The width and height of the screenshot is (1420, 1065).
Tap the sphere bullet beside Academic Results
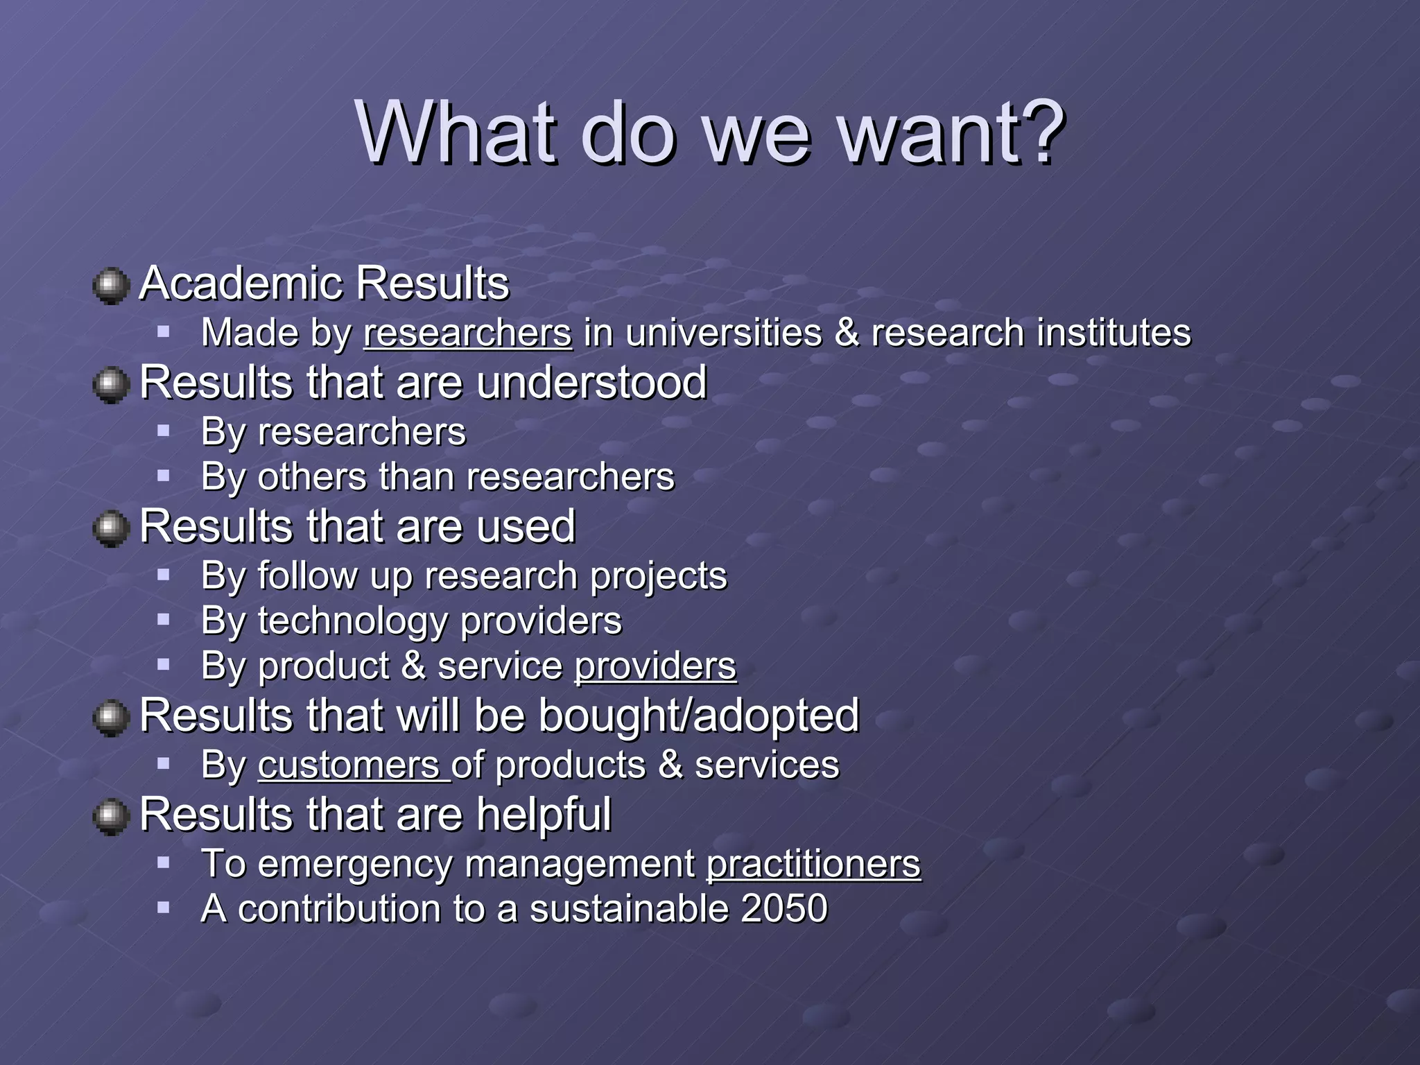pyautogui.click(x=111, y=286)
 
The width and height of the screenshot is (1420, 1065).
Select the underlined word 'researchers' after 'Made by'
pyautogui.click(x=468, y=333)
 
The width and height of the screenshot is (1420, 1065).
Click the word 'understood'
pyautogui.click(x=591, y=382)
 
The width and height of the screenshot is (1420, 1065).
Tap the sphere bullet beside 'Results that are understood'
pyautogui.click(x=111, y=385)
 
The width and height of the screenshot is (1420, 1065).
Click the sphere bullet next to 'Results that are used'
pyautogui.click(x=111, y=529)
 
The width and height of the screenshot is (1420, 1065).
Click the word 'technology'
pyautogui.click(x=352, y=621)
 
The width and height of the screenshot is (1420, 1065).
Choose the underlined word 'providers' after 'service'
pyautogui.click(x=655, y=666)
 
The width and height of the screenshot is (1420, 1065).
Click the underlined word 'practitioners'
pyautogui.click(x=813, y=864)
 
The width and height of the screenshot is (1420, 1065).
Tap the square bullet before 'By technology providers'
pyautogui.click(x=164, y=619)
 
